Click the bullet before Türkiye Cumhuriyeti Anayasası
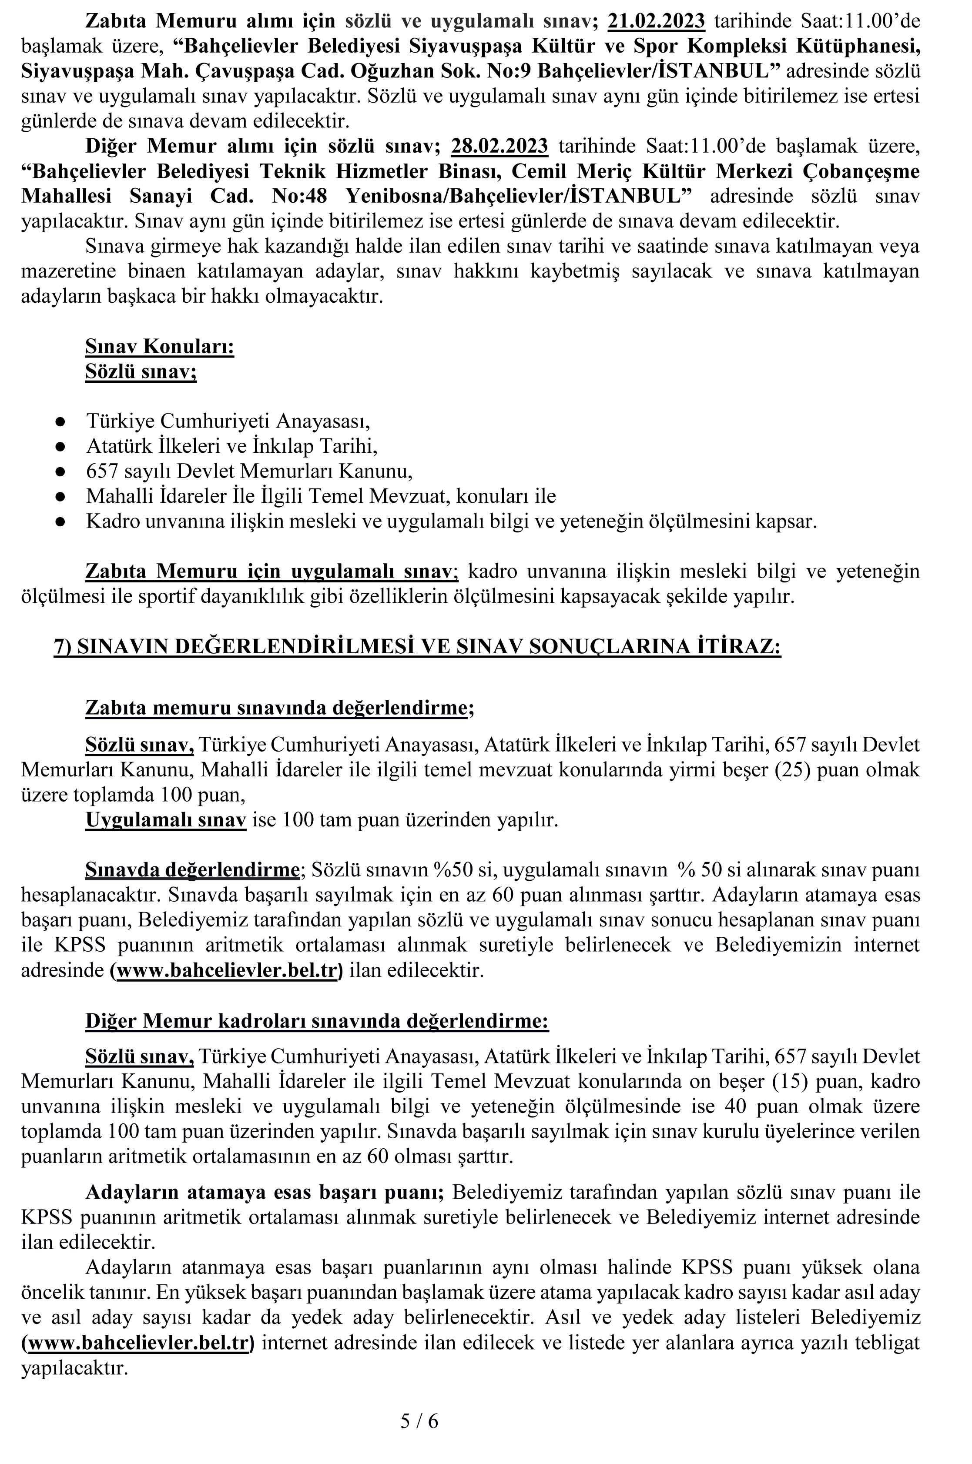[x=60, y=422]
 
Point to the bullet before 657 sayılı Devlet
[x=60, y=471]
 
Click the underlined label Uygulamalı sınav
[x=165, y=820]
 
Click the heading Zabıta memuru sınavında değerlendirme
[x=279, y=708]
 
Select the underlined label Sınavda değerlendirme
[x=192, y=870]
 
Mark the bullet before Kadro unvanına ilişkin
[x=60, y=521]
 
